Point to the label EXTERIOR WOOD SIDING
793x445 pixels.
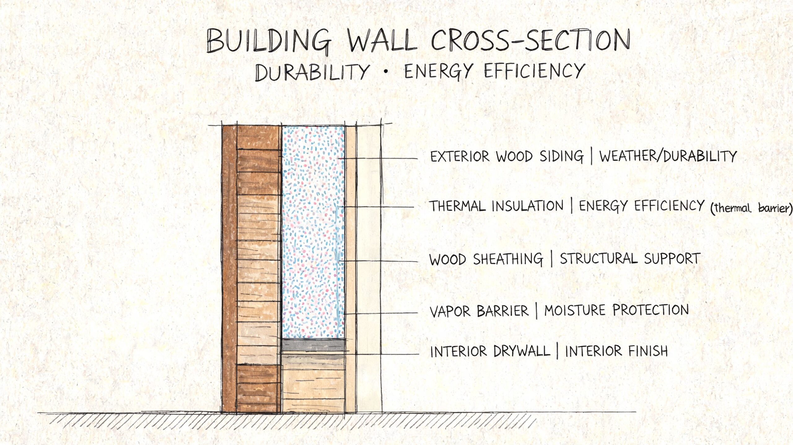(507, 156)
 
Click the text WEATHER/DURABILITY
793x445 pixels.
(668, 156)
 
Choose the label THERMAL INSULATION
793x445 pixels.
(496, 206)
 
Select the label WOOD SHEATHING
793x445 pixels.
(486, 259)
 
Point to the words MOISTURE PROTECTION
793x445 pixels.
(616, 310)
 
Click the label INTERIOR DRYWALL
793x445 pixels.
(490, 351)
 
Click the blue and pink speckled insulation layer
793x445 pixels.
(313, 232)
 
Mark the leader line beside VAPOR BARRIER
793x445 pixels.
(381, 313)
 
